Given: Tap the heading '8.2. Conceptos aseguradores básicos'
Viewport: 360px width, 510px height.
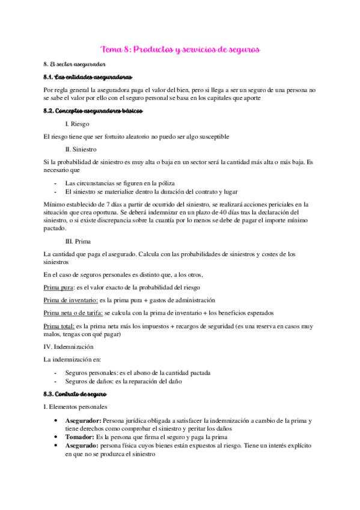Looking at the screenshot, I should point(90,111).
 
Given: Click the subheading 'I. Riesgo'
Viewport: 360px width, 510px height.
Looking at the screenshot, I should point(78,124).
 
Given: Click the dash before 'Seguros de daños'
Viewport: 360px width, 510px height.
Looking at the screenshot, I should point(55,381).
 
